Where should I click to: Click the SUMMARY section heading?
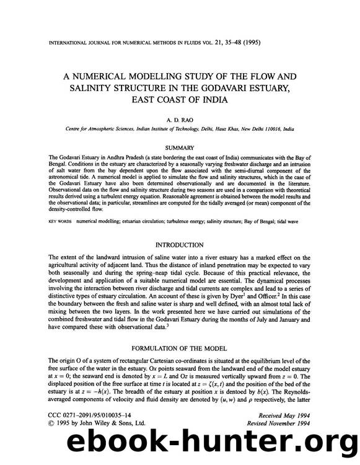click(x=180, y=148)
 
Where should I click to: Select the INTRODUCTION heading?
click(x=180, y=245)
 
